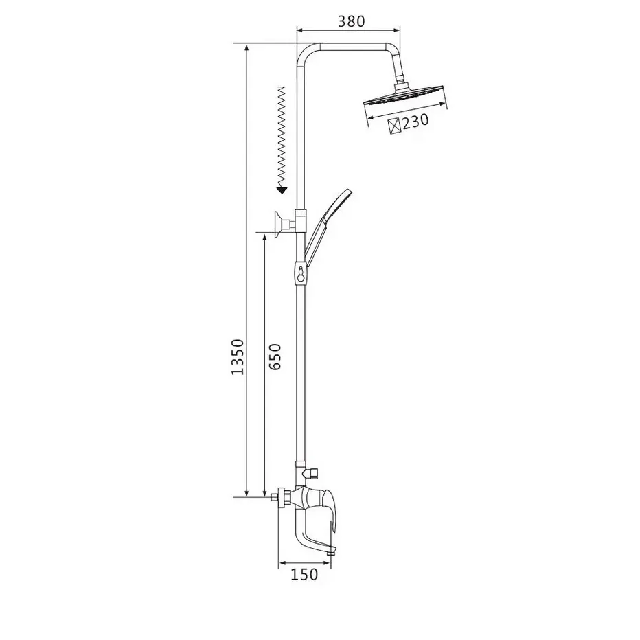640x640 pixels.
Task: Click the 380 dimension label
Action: point(352,21)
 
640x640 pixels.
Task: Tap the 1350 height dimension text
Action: point(238,356)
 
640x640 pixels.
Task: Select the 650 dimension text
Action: point(275,356)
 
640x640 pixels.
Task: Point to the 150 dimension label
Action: point(304,575)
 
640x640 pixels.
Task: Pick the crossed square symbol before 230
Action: point(395,126)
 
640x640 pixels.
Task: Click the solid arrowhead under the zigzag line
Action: point(282,190)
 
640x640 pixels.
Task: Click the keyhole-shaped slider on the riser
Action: point(301,273)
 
